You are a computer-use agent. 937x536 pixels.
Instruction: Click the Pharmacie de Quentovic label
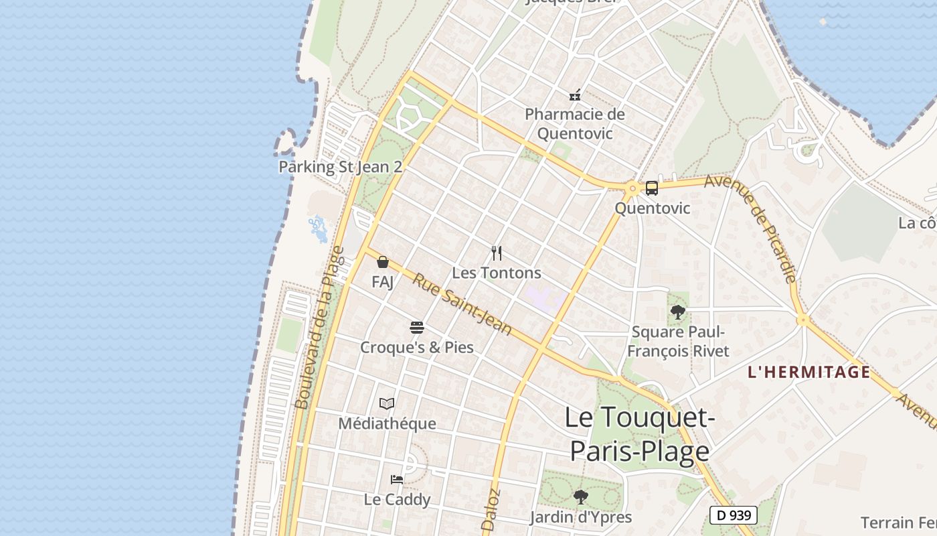(x=575, y=124)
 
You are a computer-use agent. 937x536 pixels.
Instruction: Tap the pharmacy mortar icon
(x=574, y=95)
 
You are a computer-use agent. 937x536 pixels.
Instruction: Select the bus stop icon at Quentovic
(x=652, y=188)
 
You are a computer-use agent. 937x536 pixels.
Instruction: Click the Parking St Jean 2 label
(x=340, y=167)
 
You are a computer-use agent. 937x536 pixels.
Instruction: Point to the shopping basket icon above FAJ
(x=383, y=262)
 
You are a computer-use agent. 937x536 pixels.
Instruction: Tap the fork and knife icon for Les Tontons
(x=497, y=253)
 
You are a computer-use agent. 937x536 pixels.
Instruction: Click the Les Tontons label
(x=497, y=273)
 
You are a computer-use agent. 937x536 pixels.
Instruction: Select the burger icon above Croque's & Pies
(x=417, y=328)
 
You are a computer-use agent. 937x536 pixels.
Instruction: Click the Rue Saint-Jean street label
(x=462, y=305)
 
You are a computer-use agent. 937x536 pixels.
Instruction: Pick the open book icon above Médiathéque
(x=387, y=403)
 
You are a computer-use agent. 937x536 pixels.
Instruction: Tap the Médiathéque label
(x=387, y=423)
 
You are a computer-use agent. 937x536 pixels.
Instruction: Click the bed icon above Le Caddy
(x=397, y=479)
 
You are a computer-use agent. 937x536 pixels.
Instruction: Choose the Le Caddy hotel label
(x=397, y=499)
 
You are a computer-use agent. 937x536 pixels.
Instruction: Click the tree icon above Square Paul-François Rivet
(x=678, y=312)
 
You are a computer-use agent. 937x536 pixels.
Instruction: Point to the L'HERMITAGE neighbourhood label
(x=808, y=372)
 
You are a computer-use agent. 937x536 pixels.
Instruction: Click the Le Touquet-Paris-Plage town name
(x=639, y=434)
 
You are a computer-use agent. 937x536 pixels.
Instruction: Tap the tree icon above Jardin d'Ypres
(x=581, y=497)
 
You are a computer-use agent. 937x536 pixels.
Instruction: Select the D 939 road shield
(x=734, y=515)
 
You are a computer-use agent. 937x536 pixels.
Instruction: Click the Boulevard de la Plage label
(x=319, y=328)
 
